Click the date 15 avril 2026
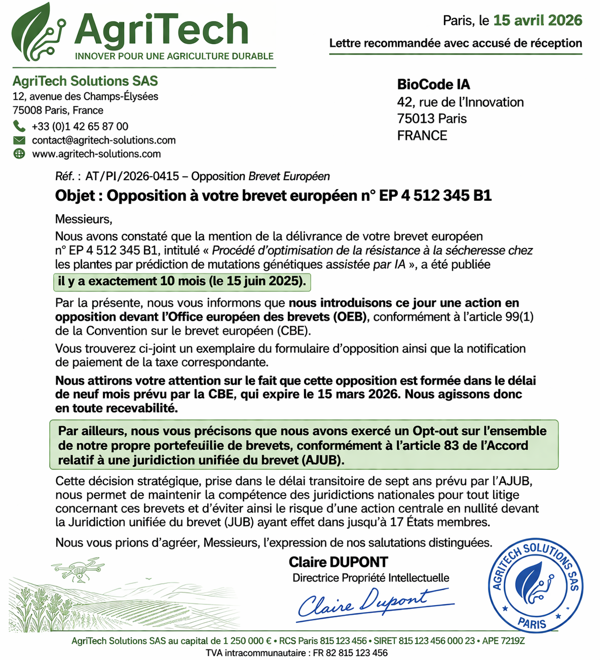point(537,21)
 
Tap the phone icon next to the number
point(19,126)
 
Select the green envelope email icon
point(19,140)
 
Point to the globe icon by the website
point(19,154)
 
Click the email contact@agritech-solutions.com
point(103,140)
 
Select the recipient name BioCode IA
point(433,84)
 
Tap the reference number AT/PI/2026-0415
point(132,177)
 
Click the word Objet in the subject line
point(75,196)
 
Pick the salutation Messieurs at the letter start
point(83,219)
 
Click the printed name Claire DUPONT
point(338,562)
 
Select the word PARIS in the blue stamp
point(532,623)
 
